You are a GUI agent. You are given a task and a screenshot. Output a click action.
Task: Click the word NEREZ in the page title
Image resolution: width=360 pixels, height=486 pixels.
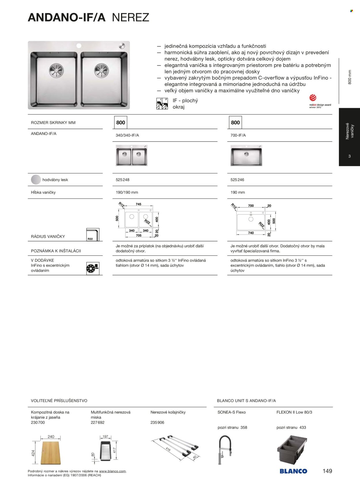tap(130, 18)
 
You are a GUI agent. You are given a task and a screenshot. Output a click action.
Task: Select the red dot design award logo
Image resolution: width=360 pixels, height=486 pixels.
tap(313, 98)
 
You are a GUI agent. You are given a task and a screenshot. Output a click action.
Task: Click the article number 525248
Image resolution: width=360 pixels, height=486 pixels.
tap(122, 180)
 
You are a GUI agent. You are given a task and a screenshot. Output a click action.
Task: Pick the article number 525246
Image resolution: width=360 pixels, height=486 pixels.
tap(237, 180)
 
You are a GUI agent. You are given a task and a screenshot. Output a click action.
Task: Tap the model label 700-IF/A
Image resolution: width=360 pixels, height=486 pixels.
tap(238, 135)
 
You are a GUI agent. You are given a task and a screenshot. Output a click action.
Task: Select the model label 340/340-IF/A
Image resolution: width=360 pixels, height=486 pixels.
tap(127, 135)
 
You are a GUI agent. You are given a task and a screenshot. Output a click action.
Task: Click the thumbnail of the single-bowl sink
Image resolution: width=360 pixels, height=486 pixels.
tap(246, 155)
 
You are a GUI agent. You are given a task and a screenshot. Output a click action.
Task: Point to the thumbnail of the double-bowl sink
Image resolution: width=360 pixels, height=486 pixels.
tap(131, 155)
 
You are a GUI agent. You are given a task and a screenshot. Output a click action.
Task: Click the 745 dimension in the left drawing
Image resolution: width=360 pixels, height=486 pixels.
tap(139, 204)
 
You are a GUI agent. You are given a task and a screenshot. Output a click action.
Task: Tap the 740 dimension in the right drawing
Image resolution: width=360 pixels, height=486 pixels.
tap(251, 233)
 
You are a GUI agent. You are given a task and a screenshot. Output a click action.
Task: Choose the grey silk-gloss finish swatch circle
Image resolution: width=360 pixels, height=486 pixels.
tap(36, 180)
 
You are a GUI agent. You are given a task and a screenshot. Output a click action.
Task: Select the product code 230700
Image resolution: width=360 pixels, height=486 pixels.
tap(38, 422)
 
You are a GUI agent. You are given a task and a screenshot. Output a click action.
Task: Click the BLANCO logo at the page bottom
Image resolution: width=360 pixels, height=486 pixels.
tap(293, 471)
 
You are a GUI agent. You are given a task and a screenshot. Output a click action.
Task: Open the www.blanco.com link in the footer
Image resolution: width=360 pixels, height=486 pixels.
tap(112, 471)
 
